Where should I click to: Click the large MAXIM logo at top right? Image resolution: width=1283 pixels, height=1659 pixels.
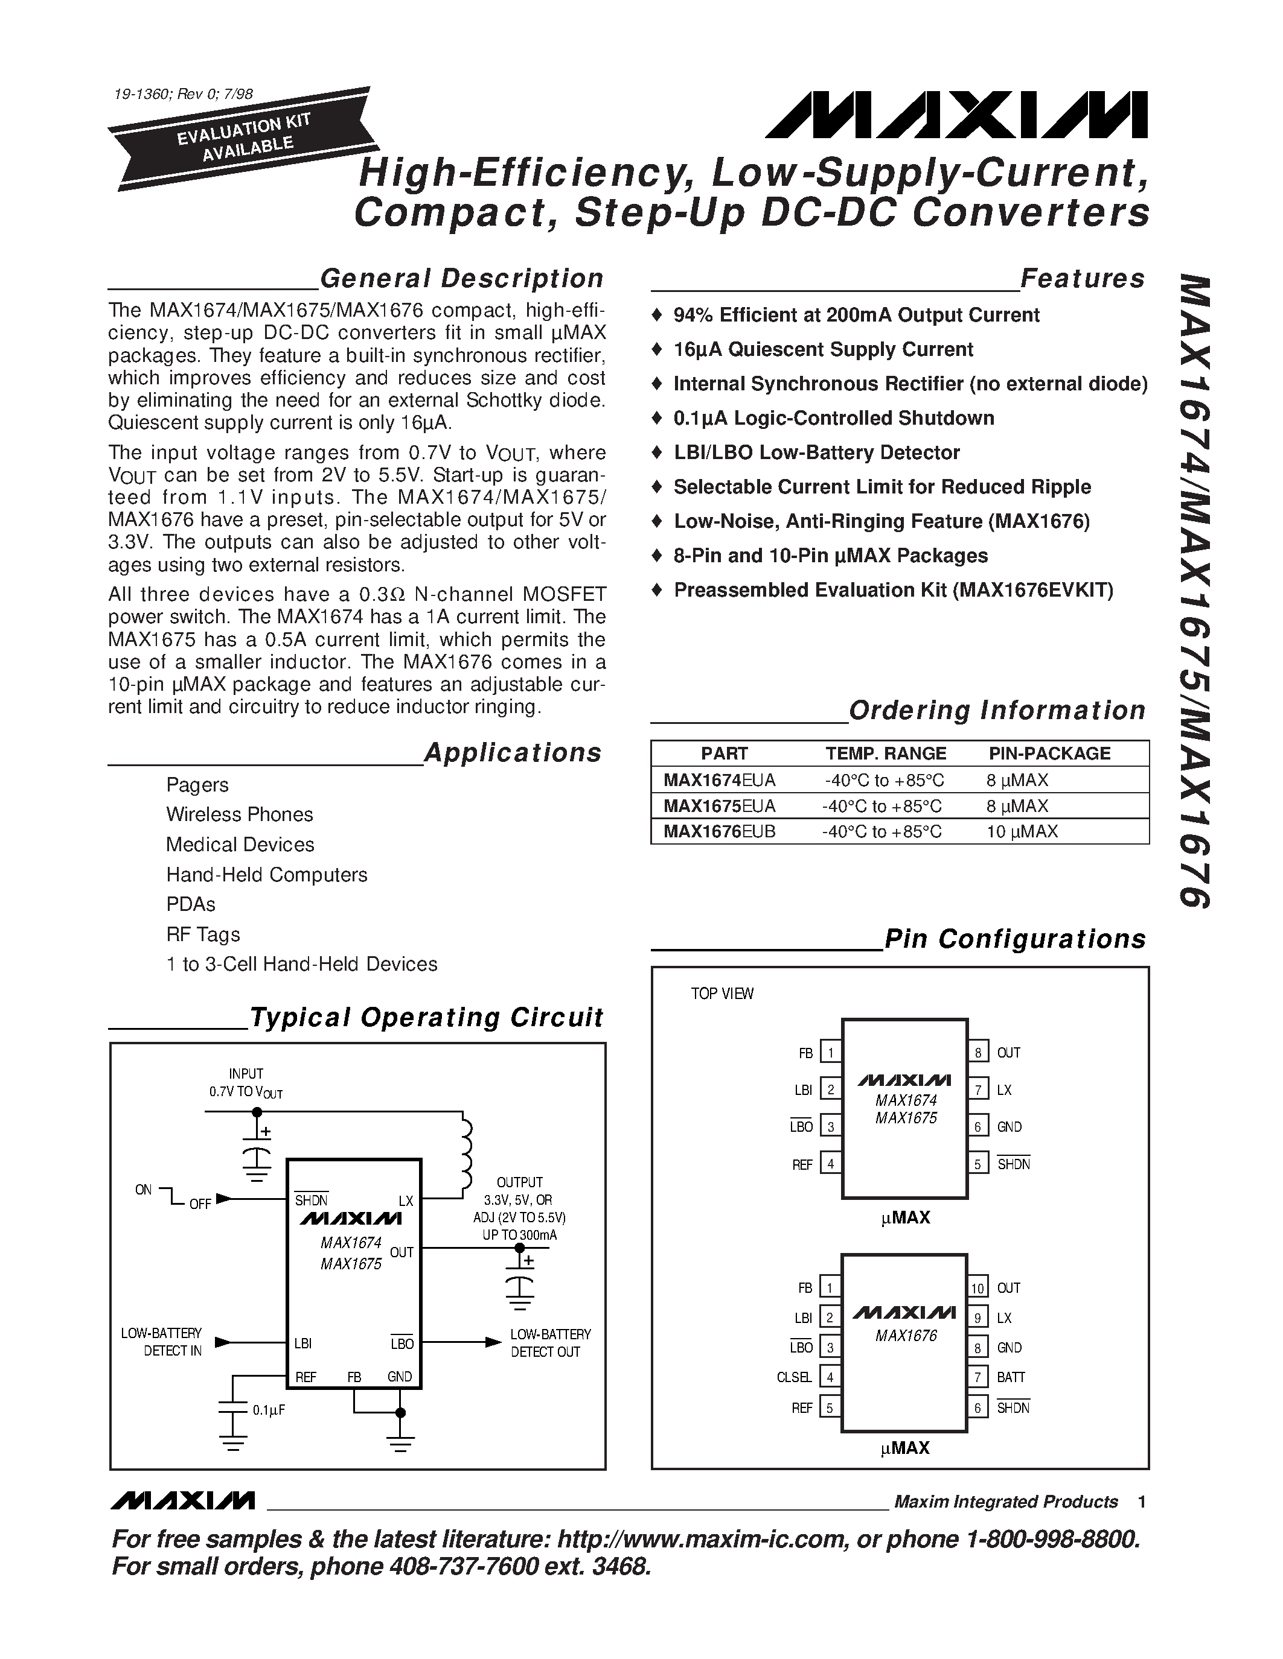click(956, 115)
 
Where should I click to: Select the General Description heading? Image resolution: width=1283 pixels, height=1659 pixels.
click(461, 279)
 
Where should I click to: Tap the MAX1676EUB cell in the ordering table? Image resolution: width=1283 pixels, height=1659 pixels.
click(719, 832)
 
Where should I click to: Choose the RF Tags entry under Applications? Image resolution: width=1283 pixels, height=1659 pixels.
click(203, 934)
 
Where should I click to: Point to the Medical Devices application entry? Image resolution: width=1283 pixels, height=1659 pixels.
click(240, 845)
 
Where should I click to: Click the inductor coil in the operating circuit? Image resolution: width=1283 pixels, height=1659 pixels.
click(465, 1155)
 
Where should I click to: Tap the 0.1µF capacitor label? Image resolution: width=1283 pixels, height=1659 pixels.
click(268, 1410)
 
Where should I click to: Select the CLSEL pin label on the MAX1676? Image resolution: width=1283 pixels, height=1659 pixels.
click(795, 1377)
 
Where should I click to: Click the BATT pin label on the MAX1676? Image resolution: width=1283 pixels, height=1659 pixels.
click(1011, 1377)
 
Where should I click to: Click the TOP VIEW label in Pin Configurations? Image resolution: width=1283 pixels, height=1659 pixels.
click(722, 994)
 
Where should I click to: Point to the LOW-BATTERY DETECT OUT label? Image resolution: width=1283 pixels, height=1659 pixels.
click(550, 1343)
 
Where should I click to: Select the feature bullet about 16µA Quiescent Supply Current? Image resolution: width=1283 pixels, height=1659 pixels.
click(822, 349)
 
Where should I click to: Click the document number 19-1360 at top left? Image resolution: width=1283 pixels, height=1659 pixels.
click(183, 95)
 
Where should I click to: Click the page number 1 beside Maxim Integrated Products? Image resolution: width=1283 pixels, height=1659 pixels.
click(1142, 1502)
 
